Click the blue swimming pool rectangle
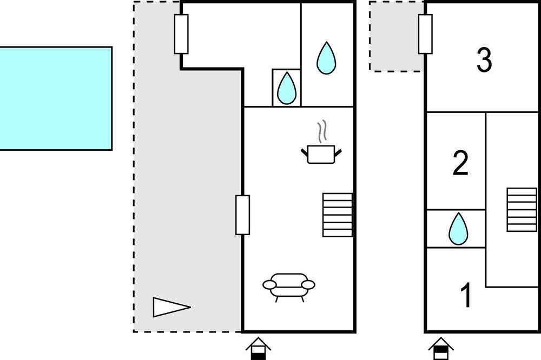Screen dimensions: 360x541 [x=56, y=98]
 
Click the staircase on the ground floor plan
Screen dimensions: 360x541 [x=338, y=215]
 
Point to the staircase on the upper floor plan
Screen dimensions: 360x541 [x=522, y=209]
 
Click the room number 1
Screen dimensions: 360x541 [x=466, y=296]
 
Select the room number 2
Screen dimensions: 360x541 [x=460, y=164]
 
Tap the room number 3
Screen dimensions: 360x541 [x=484, y=61]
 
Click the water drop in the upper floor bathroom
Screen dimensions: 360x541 [x=458, y=229]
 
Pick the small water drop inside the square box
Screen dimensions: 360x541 [x=286, y=88]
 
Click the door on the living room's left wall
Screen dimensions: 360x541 [x=243, y=215]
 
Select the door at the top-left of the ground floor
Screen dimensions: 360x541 [x=181, y=34]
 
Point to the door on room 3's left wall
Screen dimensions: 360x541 [x=425, y=34]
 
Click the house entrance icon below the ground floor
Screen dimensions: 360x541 [x=258, y=349]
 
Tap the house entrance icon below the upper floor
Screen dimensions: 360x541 [x=440, y=349]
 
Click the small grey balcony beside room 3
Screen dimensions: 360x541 [x=396, y=36]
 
